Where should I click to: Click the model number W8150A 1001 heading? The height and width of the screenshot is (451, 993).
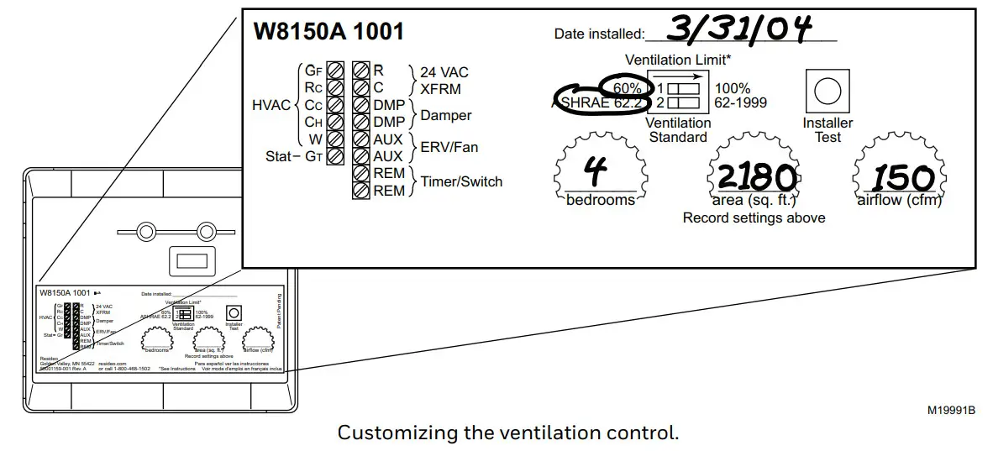point(328,32)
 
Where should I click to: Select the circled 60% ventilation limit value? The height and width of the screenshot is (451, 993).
point(628,88)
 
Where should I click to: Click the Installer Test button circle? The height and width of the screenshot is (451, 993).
point(827,90)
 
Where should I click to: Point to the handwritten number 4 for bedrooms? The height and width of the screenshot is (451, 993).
point(596,174)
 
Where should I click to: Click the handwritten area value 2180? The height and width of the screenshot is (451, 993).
point(754,177)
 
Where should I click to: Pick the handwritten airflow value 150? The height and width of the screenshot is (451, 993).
point(902,177)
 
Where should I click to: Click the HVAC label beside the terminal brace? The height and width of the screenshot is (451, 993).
point(271,105)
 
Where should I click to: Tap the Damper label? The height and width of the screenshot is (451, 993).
point(445,115)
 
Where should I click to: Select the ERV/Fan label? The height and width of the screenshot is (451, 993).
point(449,147)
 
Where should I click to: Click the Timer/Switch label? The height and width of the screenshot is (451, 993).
point(461,181)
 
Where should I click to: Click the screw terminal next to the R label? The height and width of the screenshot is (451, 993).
point(361,71)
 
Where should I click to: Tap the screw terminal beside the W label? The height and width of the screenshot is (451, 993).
point(334,139)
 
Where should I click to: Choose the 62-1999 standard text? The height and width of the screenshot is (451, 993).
point(740,103)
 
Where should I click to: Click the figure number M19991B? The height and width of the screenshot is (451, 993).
point(951,410)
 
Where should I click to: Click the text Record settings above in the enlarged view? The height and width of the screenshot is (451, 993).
point(754,218)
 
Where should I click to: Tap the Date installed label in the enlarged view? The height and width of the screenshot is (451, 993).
point(598,34)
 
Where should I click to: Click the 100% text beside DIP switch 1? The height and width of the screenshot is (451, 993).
point(733,88)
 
